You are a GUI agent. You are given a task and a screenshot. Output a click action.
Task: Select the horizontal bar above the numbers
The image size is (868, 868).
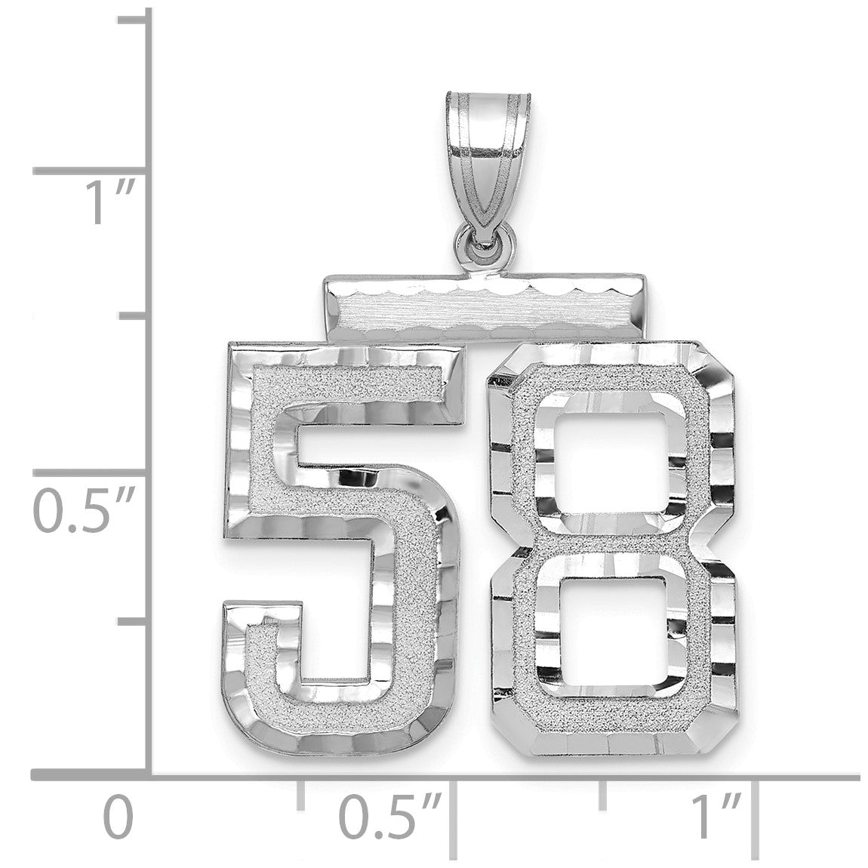(485, 306)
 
